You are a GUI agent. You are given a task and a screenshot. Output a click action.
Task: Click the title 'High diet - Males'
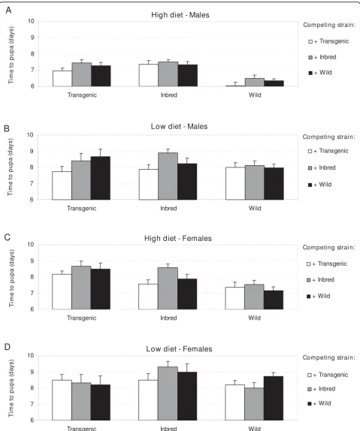(180, 15)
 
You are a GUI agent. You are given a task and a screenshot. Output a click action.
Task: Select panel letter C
(8, 237)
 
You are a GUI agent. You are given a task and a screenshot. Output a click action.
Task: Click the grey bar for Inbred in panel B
(168, 176)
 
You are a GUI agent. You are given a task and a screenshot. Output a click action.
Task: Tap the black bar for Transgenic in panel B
(101, 178)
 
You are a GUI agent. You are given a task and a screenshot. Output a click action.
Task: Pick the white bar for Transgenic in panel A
(62, 79)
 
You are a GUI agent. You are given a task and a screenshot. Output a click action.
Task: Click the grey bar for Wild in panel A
(255, 83)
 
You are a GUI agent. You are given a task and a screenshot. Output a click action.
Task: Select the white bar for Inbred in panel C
(148, 297)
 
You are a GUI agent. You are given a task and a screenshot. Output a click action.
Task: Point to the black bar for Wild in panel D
(274, 398)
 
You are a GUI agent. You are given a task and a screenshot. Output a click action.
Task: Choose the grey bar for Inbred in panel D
(168, 393)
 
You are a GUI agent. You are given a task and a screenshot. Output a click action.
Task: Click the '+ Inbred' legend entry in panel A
(322, 57)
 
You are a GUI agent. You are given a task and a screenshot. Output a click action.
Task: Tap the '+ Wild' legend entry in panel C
(319, 296)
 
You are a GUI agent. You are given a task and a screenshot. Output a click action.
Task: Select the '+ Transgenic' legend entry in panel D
(328, 375)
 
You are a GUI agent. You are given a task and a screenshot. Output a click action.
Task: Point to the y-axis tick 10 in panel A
(31, 21)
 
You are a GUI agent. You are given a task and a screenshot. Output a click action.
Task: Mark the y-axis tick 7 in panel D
(32, 404)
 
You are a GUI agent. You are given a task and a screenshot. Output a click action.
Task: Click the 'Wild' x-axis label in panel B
(255, 208)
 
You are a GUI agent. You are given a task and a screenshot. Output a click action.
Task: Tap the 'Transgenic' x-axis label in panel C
(81, 318)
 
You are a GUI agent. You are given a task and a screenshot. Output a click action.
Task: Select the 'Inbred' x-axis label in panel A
(168, 95)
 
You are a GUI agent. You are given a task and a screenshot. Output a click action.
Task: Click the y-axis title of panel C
(11, 278)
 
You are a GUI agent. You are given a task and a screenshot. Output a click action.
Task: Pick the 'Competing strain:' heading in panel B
(329, 137)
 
